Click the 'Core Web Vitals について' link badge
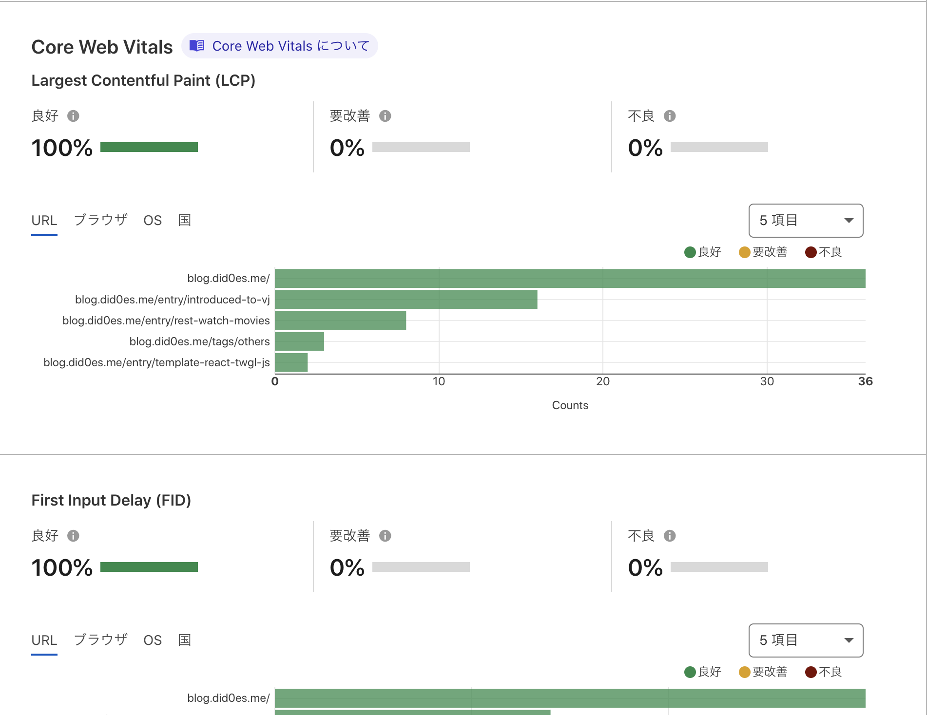tap(280, 46)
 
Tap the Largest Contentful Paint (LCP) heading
tap(143, 80)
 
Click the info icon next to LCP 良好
tap(73, 116)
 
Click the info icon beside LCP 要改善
tap(385, 116)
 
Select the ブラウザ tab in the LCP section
tap(100, 220)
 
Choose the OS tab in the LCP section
tap(152, 221)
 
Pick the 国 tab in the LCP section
tap(184, 220)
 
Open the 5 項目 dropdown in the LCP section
tap(806, 221)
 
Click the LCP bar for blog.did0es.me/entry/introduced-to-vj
tap(406, 300)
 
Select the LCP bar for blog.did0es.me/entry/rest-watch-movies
tap(340, 320)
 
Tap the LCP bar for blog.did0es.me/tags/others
tap(299, 341)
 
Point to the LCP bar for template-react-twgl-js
tap(291, 362)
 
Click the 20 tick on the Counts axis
tap(603, 381)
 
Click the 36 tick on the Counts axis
tap(865, 381)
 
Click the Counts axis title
tap(570, 405)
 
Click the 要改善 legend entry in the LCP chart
tap(763, 252)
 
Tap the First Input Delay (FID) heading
tap(111, 500)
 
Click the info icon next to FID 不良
tap(670, 536)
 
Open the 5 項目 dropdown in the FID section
tap(806, 640)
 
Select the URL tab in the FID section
tap(44, 640)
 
